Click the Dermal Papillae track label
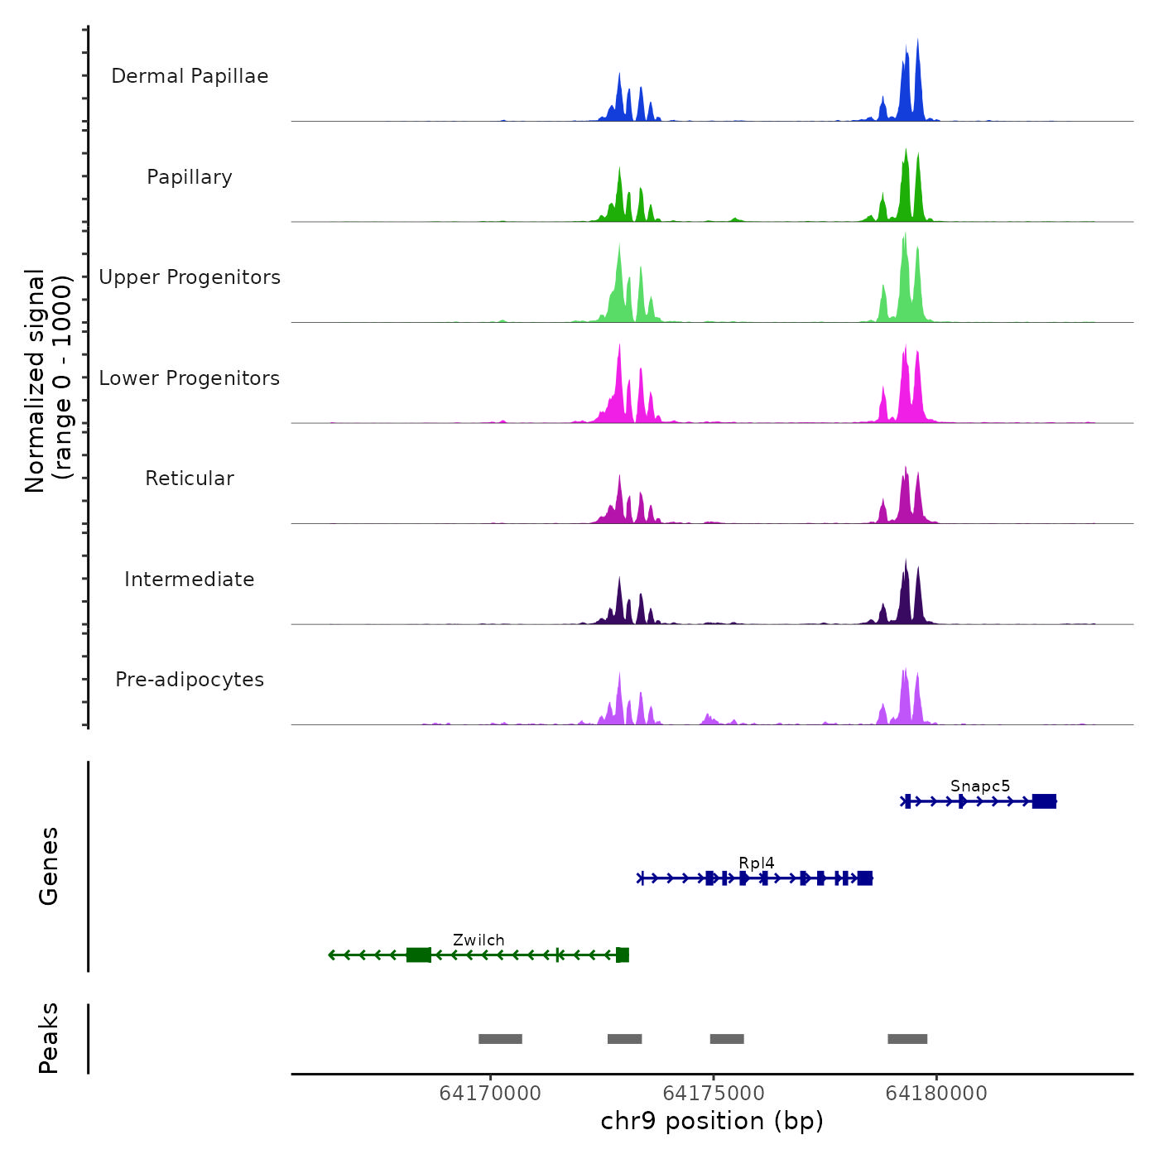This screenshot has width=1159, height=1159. pyautogui.click(x=190, y=76)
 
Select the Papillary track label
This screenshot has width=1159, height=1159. pyautogui.click(x=190, y=177)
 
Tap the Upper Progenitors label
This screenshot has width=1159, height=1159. pyautogui.click(x=190, y=277)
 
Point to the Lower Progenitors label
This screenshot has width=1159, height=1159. pyautogui.click(x=190, y=378)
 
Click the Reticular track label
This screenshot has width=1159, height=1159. pyautogui.click(x=190, y=479)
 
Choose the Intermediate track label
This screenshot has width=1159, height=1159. pyautogui.click(x=190, y=579)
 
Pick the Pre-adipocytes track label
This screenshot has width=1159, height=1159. pyautogui.click(x=190, y=680)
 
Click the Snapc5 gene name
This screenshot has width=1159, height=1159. pyautogui.click(x=980, y=786)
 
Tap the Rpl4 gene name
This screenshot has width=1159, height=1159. pyautogui.click(x=757, y=863)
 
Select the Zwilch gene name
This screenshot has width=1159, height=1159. pyautogui.click(x=479, y=940)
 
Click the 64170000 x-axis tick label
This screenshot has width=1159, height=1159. pyautogui.click(x=490, y=1094)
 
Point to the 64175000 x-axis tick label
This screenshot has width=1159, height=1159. pyautogui.click(x=714, y=1094)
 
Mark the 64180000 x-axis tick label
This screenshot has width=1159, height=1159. pyautogui.click(x=936, y=1094)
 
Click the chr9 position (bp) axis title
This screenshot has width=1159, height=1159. pyautogui.click(x=712, y=1121)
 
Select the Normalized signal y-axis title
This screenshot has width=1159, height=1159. pyautogui.click(x=48, y=380)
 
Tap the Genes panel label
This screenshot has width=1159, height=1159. pyautogui.click(x=49, y=866)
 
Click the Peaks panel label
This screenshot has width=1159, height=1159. pyautogui.click(x=49, y=1038)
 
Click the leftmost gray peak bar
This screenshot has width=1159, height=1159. pyautogui.click(x=500, y=1039)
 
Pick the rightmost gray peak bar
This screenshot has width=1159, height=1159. pyautogui.click(x=907, y=1039)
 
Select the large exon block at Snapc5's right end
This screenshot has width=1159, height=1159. pyautogui.click(x=1044, y=801)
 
